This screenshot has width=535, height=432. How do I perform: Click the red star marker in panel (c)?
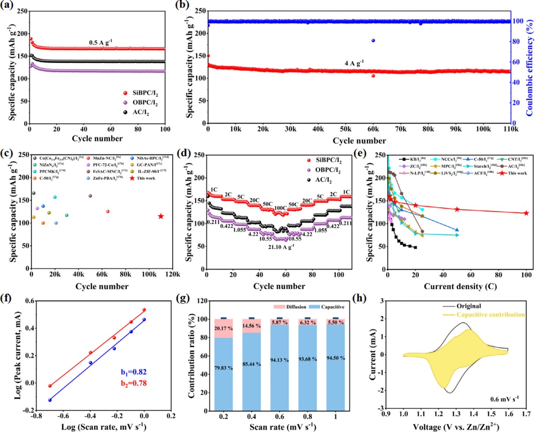[x=161, y=216]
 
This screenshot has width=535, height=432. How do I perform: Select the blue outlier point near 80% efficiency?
[x=373, y=41]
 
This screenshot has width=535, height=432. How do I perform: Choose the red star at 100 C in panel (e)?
[x=526, y=213]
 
